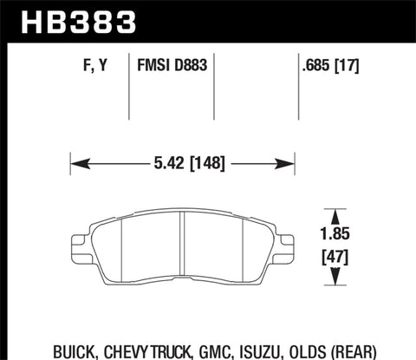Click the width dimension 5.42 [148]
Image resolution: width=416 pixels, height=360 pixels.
coord(182,161)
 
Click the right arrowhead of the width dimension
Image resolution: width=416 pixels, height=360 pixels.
coord(289,161)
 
